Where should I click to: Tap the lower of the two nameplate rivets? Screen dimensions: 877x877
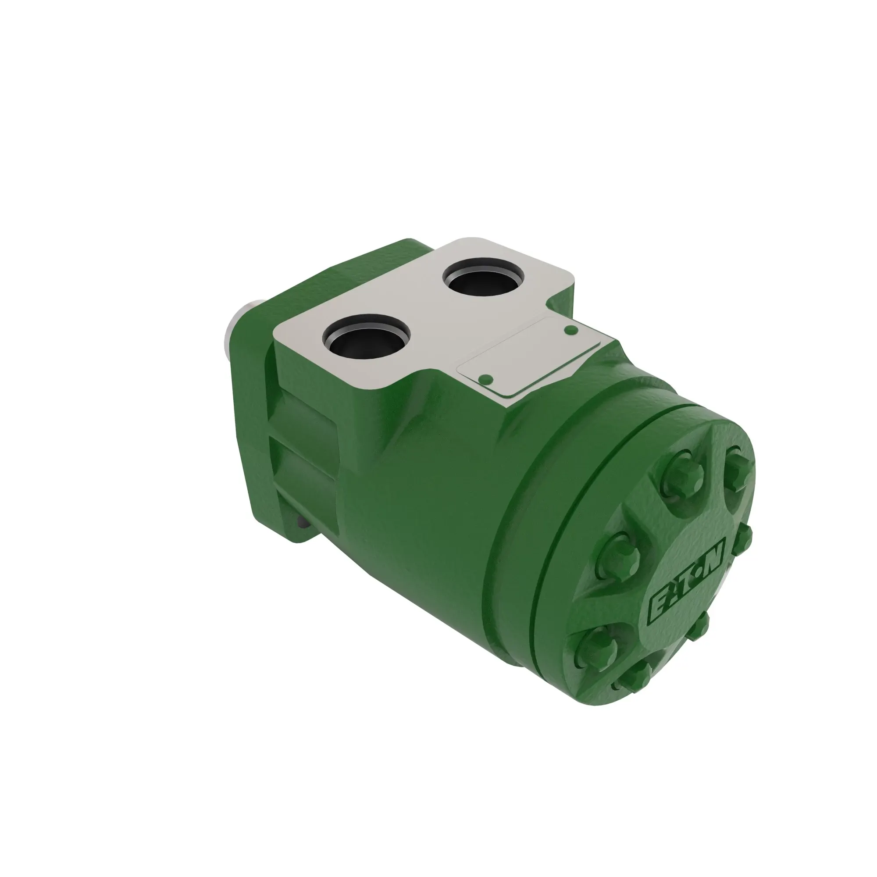tap(486, 379)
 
